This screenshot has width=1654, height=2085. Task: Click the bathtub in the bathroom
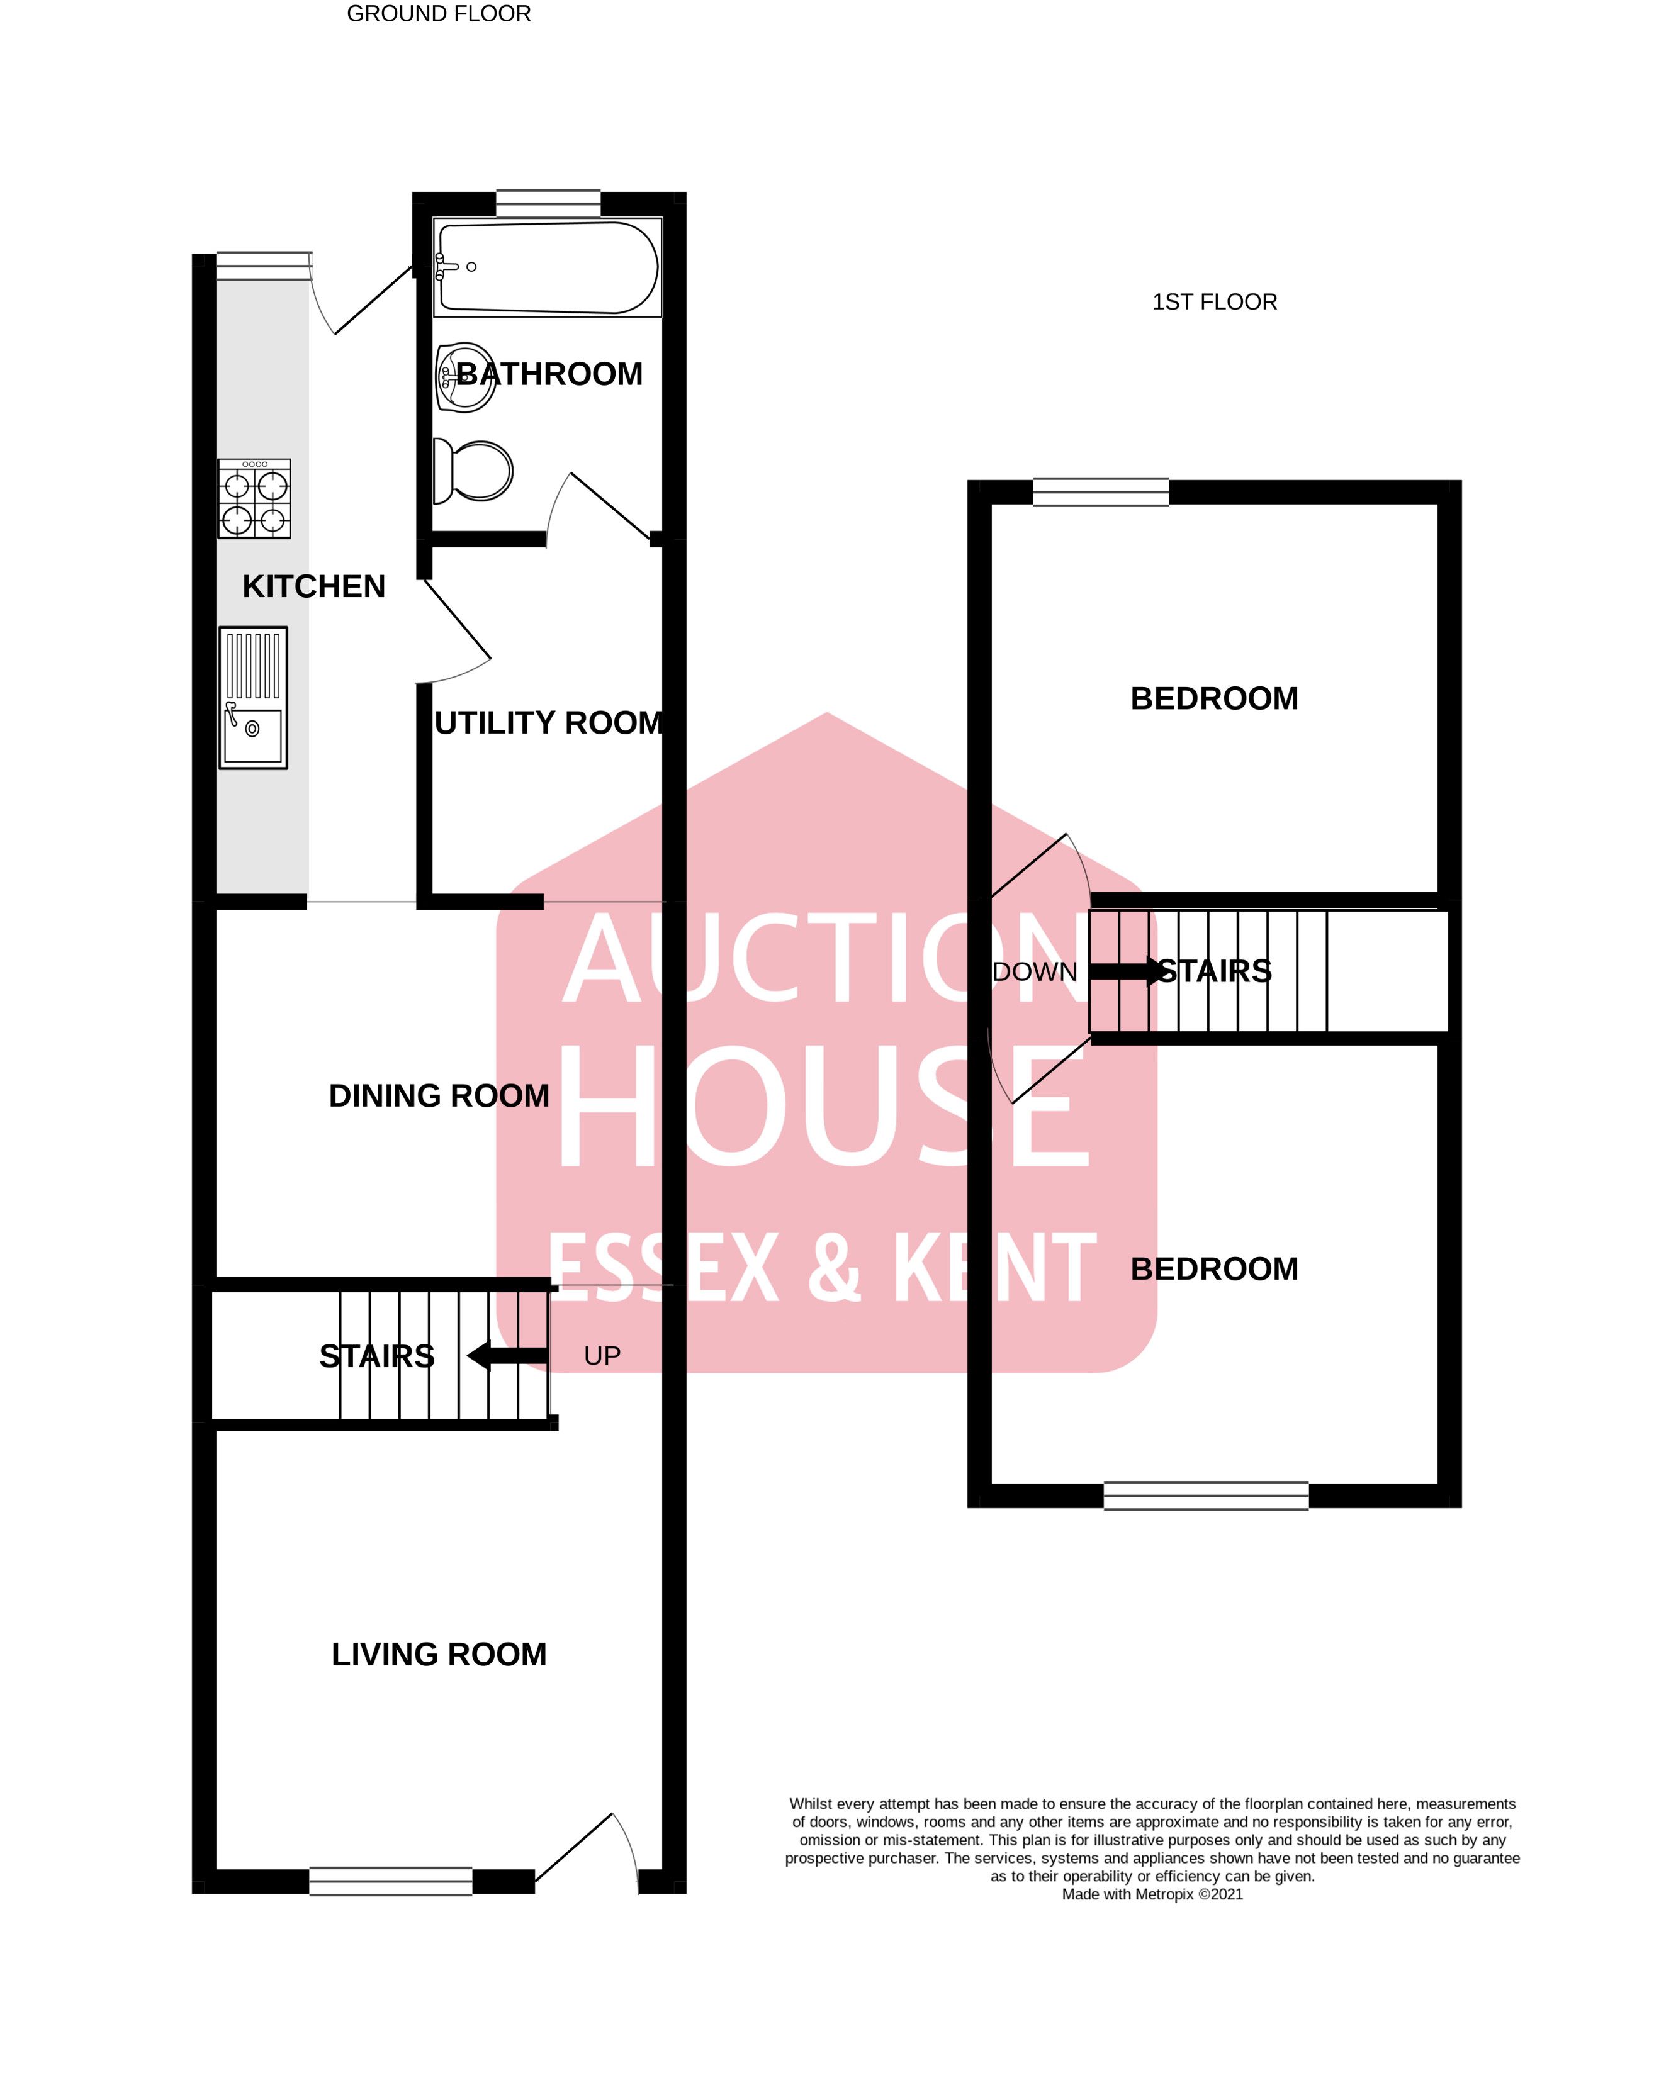click(548, 267)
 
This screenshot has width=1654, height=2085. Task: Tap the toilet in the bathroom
click(472, 471)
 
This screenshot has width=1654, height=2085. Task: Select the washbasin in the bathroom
click(464, 377)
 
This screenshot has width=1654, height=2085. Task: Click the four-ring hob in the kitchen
click(254, 498)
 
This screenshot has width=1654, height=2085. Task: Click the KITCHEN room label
click(313, 586)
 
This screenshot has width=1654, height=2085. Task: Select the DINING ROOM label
click(439, 1096)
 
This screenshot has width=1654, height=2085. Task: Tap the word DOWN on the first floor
click(1035, 972)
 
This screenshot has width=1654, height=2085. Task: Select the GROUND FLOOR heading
click(439, 14)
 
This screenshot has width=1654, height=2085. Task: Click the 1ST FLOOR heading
click(1215, 302)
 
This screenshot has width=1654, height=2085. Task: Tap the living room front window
click(391, 1881)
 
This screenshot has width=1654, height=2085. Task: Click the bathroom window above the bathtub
click(548, 204)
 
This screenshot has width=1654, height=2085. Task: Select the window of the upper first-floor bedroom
click(1101, 492)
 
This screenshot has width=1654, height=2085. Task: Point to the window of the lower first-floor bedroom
click(1206, 1495)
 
